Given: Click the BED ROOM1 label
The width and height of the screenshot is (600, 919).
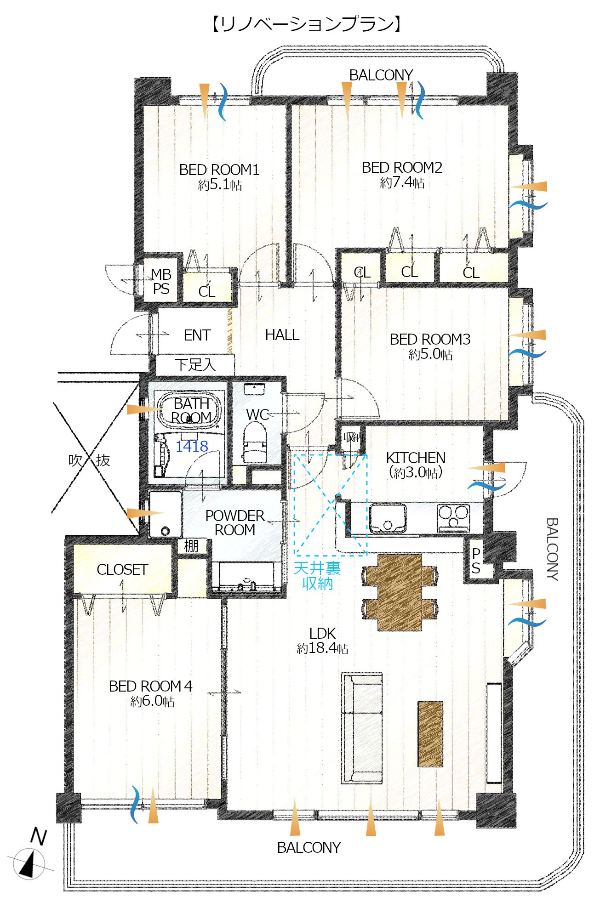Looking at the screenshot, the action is tap(219, 170).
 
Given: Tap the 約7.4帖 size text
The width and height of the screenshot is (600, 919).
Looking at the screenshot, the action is tap(402, 182).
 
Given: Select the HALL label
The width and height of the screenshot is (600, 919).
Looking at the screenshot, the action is tap(282, 335).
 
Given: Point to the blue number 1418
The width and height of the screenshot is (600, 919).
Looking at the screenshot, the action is tap(192, 446).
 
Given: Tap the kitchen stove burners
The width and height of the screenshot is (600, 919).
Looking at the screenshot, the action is tap(453, 517).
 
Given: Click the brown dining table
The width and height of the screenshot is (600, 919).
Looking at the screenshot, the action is tap(400, 593).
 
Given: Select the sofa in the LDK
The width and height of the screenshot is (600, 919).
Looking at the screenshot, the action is tap(362, 728).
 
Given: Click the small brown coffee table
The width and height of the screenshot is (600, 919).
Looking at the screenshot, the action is tap(430, 734).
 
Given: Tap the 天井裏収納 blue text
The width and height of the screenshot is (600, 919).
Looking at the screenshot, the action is tap(317, 576).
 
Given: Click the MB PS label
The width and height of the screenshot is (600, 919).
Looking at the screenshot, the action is tap(161, 282).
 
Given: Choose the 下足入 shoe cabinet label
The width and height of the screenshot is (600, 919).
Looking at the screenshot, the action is tap(195, 365).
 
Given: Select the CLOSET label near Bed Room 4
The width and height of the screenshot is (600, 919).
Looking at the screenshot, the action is tap(122, 569).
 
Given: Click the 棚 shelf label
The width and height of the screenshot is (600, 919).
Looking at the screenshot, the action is tap(191, 546).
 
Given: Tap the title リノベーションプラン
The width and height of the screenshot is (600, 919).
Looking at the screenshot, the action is tap(307, 24).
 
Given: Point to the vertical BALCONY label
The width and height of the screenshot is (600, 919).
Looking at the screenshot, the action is tap(552, 549).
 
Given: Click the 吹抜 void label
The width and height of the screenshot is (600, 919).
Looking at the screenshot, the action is tap(89, 460).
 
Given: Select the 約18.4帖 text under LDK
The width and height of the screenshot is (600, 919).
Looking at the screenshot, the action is tap(322, 648).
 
